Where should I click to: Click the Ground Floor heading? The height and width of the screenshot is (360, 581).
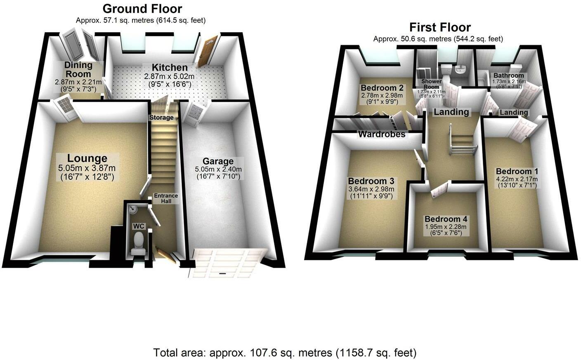pyautogui.click(x=142, y=9)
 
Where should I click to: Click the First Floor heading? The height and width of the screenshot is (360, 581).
pyautogui.click(x=440, y=27)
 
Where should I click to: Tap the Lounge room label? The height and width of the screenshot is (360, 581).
pyautogui.click(x=87, y=158)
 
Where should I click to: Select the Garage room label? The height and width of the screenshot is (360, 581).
pyautogui.click(x=218, y=161)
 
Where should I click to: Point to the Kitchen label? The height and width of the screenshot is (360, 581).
pyautogui.click(x=169, y=68)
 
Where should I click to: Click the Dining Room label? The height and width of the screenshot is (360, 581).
pyautogui.click(x=78, y=69)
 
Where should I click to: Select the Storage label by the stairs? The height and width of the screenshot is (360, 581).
pyautogui.click(x=161, y=118)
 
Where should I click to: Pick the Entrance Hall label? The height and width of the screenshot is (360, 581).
pyautogui.click(x=166, y=198)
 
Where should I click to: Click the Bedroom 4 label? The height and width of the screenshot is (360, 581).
pyautogui.click(x=446, y=219)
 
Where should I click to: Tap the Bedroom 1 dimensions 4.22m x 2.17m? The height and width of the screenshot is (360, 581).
pyautogui.click(x=517, y=179)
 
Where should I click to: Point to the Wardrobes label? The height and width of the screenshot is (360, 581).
pyautogui.click(x=382, y=134)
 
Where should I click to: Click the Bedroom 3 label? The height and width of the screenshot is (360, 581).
pyautogui.click(x=371, y=181)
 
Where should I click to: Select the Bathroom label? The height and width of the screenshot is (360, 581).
pyautogui.click(x=509, y=75)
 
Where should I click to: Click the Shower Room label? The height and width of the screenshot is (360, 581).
pyautogui.click(x=431, y=84)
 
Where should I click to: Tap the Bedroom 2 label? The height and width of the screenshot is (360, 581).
pyautogui.click(x=382, y=88)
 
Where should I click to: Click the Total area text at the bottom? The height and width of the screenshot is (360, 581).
pyautogui.click(x=285, y=353)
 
